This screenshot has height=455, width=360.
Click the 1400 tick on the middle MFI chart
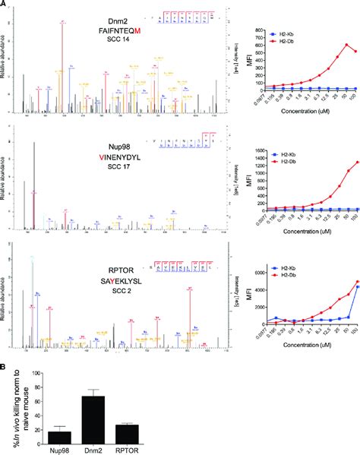(x=269, y=151)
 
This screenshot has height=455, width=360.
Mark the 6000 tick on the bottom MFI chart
(x=269, y=272)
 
